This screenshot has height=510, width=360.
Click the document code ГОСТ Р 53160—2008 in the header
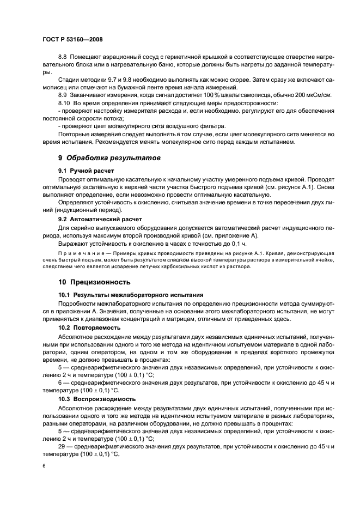[72, 40]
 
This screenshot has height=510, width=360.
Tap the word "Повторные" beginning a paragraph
[75, 134]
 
